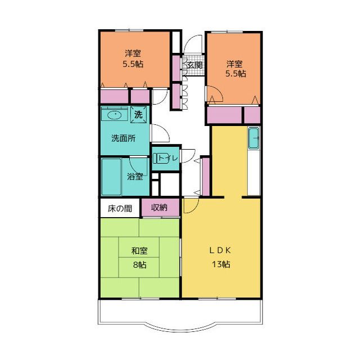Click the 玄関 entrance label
[195, 65]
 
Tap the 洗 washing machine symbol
[138, 114]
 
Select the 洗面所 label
[123, 138]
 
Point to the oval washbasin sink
[115, 115]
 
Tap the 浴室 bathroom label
[135, 176]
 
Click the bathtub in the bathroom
[111, 177]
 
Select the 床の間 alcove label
[120, 209]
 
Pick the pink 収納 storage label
[159, 208]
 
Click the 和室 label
[139, 250]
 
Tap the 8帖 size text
[139, 265]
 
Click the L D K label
[220, 250]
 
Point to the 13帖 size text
[220, 264]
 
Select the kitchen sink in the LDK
[254, 138]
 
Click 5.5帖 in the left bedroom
[133, 64]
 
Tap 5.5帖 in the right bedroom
[236, 74]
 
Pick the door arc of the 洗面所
[164, 129]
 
